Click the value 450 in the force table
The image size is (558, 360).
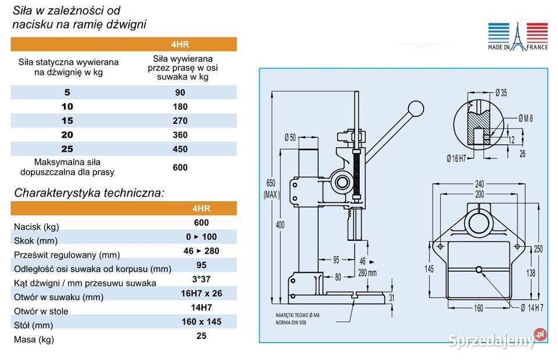click(x=180, y=149)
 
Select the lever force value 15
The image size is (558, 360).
click(x=67, y=121)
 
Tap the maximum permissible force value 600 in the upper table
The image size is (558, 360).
click(x=180, y=167)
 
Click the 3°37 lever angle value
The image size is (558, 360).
click(x=202, y=279)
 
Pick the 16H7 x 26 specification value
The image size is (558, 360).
click(x=202, y=294)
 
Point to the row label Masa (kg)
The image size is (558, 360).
click(x=34, y=340)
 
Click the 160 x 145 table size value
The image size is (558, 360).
click(x=202, y=322)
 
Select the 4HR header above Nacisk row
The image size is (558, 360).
click(x=202, y=208)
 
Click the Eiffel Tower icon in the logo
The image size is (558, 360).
click(x=518, y=37)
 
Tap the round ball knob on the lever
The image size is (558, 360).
click(x=416, y=109)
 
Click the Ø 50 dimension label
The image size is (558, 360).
click(x=291, y=137)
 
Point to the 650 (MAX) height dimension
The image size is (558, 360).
click(x=271, y=189)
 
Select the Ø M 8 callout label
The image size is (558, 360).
click(x=525, y=118)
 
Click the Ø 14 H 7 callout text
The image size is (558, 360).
click(x=532, y=308)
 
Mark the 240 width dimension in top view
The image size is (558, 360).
click(x=480, y=184)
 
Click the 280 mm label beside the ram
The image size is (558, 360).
click(x=367, y=273)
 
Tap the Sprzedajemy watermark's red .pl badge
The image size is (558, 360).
click(x=540, y=334)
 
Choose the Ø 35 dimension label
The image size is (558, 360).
click(x=501, y=93)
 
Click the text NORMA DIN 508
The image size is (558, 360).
click(x=291, y=323)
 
